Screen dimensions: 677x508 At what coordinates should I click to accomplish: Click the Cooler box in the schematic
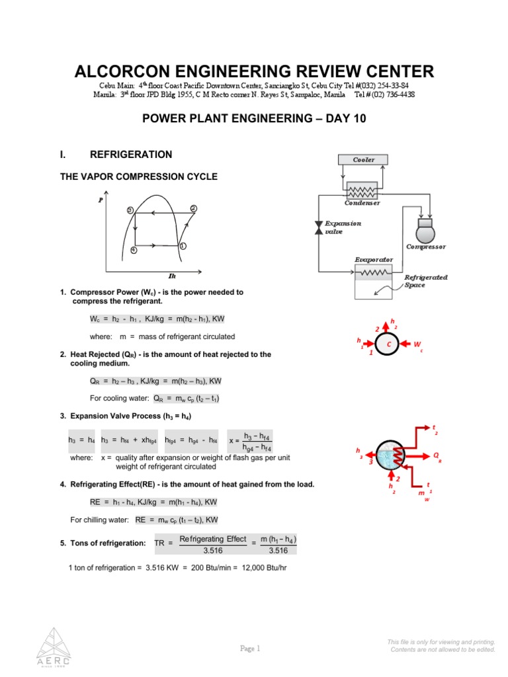click(x=363, y=159)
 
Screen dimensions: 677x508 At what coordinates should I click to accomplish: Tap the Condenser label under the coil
click(x=362, y=203)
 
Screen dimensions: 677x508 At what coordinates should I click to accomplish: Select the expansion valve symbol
click(x=318, y=227)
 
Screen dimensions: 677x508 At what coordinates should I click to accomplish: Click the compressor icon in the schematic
click(x=425, y=231)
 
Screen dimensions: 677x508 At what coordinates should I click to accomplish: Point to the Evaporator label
click(x=374, y=260)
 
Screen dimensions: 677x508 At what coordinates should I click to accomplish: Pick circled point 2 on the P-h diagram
click(x=193, y=209)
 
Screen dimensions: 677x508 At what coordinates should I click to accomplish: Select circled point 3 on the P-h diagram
click(x=130, y=210)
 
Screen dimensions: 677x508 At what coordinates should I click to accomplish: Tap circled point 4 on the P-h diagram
click(x=134, y=251)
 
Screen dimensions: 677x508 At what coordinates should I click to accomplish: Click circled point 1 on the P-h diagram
click(x=182, y=246)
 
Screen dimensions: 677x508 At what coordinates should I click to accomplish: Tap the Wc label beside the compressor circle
click(x=418, y=345)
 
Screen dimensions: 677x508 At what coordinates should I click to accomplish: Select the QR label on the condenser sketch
click(x=437, y=456)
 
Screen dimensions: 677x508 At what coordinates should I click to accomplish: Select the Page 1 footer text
click(x=250, y=649)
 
